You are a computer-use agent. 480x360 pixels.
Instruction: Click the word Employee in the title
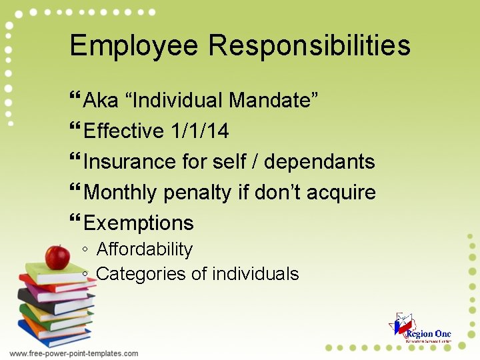pos(133,46)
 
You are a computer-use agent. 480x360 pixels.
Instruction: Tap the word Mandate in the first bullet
pos(273,101)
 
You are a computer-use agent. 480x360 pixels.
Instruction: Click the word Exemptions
pos(139,223)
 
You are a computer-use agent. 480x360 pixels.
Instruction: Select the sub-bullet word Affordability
pos(145,249)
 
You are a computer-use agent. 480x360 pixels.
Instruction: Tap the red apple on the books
pos(57,257)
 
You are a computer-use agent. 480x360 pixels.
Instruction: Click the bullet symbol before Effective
pos(75,131)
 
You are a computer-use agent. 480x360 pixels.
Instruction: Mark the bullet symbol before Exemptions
pos(75,223)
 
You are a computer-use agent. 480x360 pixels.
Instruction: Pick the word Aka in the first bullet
pos(101,101)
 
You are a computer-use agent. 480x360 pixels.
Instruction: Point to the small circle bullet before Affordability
pos(86,250)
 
